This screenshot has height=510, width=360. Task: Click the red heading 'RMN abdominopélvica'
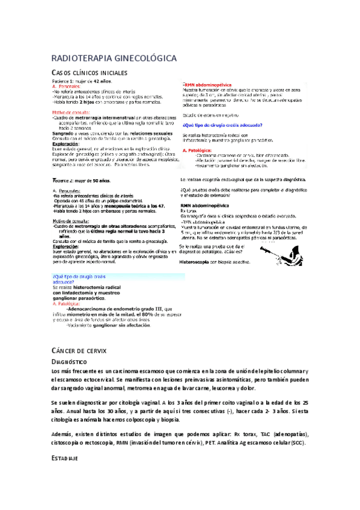(x=208, y=85)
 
